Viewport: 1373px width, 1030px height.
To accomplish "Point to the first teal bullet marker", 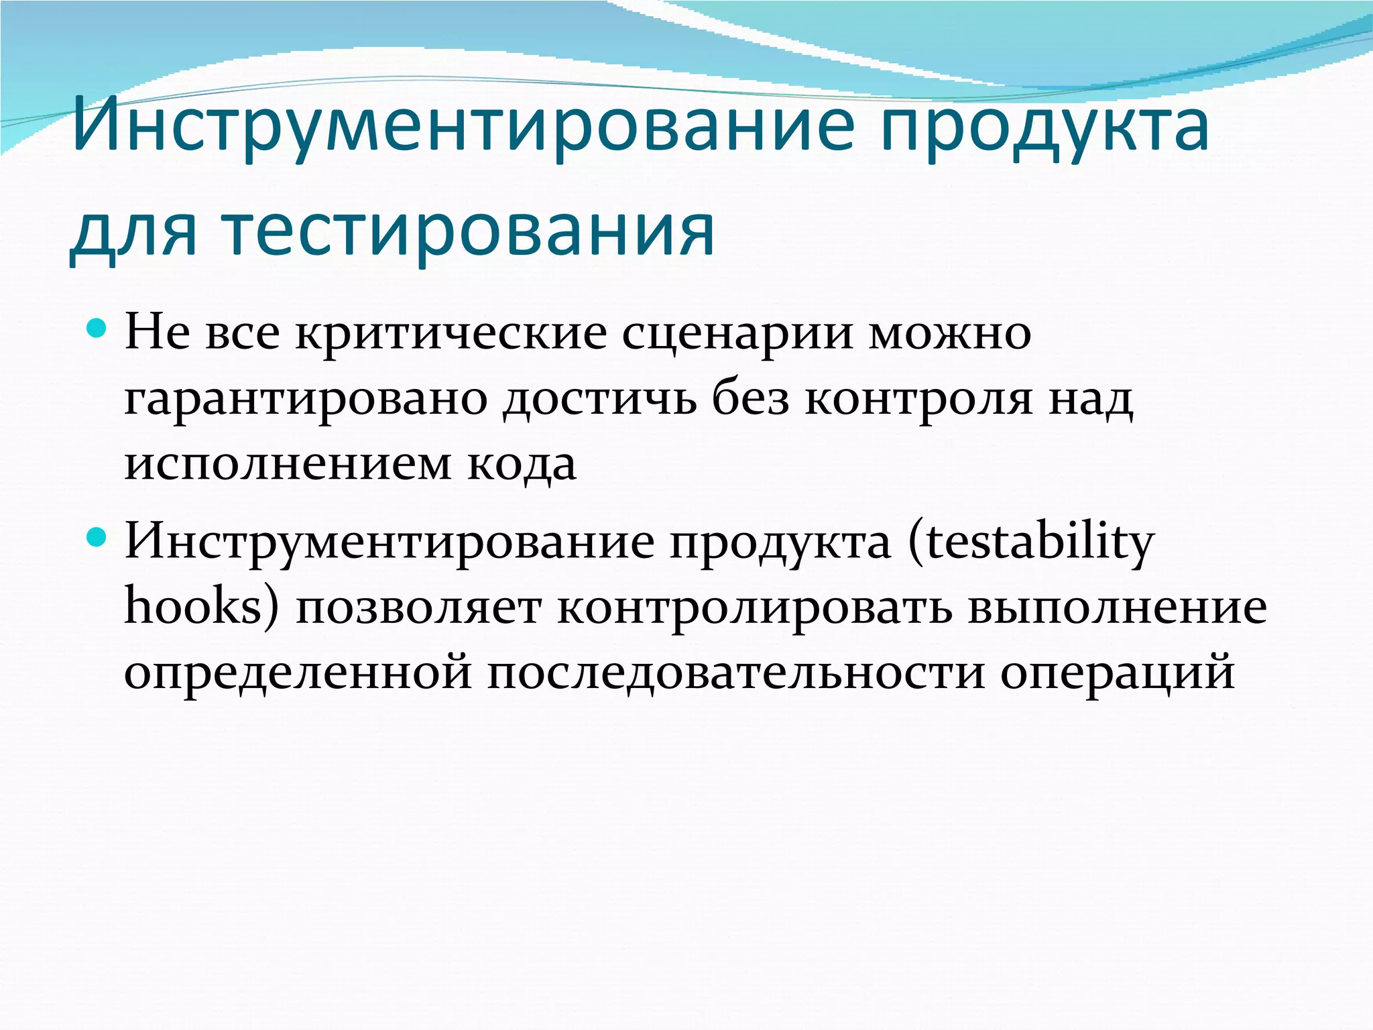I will click(97, 329).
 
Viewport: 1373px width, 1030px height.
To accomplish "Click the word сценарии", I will click(737, 333).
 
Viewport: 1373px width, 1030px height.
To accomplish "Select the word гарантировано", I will click(306, 400).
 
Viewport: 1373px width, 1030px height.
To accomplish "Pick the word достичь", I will click(599, 400).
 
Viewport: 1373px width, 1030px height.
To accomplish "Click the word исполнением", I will click(288, 464).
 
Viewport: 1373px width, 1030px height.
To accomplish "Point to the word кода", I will click(522, 464).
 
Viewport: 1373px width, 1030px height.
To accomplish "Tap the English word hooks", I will click(194, 608).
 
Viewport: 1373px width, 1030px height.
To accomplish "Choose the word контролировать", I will click(754, 608).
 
